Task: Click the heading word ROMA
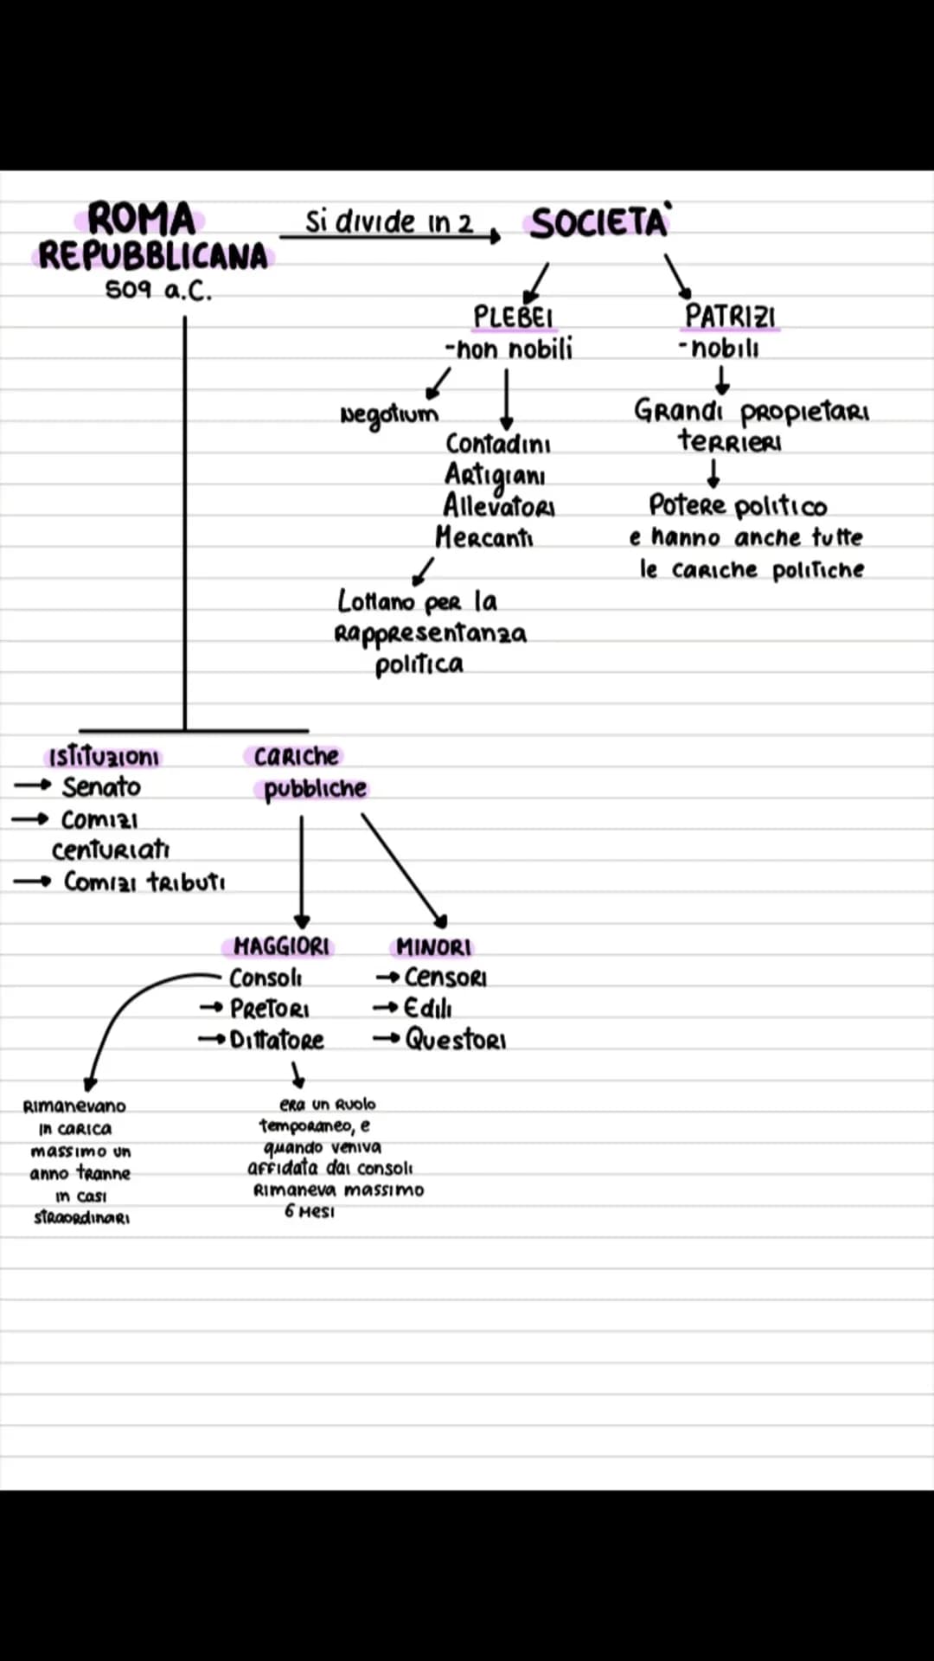coord(141,219)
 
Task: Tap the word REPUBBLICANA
coord(153,257)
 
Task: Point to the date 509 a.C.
coord(158,291)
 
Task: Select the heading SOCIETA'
coord(599,223)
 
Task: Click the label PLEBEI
coord(513,317)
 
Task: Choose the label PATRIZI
coord(730,317)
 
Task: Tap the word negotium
coord(389,414)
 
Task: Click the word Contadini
coord(498,444)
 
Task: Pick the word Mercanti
coord(484,537)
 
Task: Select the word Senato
coord(101,787)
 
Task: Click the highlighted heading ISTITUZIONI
coord(104,758)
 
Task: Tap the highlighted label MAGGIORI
coord(281,946)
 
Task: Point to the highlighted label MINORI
coord(434,947)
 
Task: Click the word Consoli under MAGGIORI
coord(265,978)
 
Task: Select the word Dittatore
coord(277,1040)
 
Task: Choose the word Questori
coord(456,1039)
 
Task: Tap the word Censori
coord(445,978)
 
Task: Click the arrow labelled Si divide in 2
coord(389,236)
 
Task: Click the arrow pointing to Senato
coord(33,786)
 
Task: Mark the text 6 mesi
coord(310,1212)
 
